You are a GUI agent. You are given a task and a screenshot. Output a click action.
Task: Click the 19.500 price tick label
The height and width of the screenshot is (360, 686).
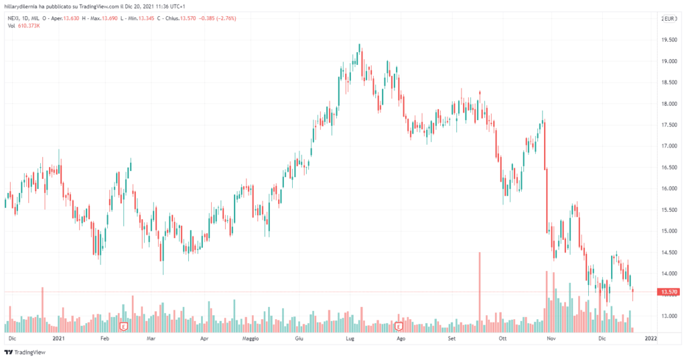coord(667,40)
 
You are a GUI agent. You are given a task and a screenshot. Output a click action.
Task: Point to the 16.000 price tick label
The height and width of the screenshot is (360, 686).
coord(667,188)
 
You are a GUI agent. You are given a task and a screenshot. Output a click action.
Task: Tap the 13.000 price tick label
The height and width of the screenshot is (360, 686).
coord(667,316)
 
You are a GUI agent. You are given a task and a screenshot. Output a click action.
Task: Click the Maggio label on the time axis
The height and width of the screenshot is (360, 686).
coord(250,340)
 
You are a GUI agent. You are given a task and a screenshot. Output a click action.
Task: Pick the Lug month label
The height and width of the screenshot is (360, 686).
coord(350,340)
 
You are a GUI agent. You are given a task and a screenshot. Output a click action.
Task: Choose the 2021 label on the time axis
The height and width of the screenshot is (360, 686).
coord(58,340)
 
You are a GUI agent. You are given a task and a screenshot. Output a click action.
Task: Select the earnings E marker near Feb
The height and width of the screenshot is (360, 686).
coord(124,326)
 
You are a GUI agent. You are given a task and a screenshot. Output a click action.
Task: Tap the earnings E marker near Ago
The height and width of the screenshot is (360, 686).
coord(399,326)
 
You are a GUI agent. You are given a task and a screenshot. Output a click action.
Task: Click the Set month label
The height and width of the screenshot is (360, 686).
coord(452,340)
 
